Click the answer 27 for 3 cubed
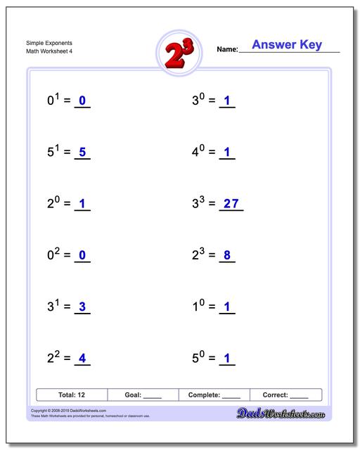click(x=231, y=204)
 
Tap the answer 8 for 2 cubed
click(x=226, y=255)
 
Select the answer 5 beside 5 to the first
click(x=82, y=152)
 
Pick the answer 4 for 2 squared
click(x=82, y=359)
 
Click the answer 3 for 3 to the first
click(x=82, y=307)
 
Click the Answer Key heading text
click(x=287, y=45)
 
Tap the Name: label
click(x=227, y=50)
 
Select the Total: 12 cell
click(x=72, y=395)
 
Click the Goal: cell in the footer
click(x=143, y=395)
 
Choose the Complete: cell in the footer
click(x=214, y=395)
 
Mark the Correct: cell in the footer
click(x=285, y=395)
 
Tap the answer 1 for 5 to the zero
click(x=226, y=359)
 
